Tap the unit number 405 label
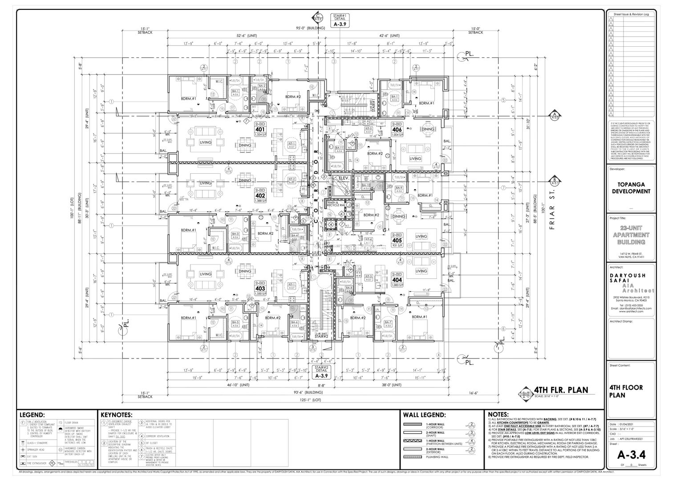[x=397, y=240]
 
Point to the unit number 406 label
[x=397, y=130]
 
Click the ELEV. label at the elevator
[x=344, y=178]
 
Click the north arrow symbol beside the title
[x=526, y=393]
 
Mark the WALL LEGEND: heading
[x=424, y=415]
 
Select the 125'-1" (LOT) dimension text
[x=310, y=400]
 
